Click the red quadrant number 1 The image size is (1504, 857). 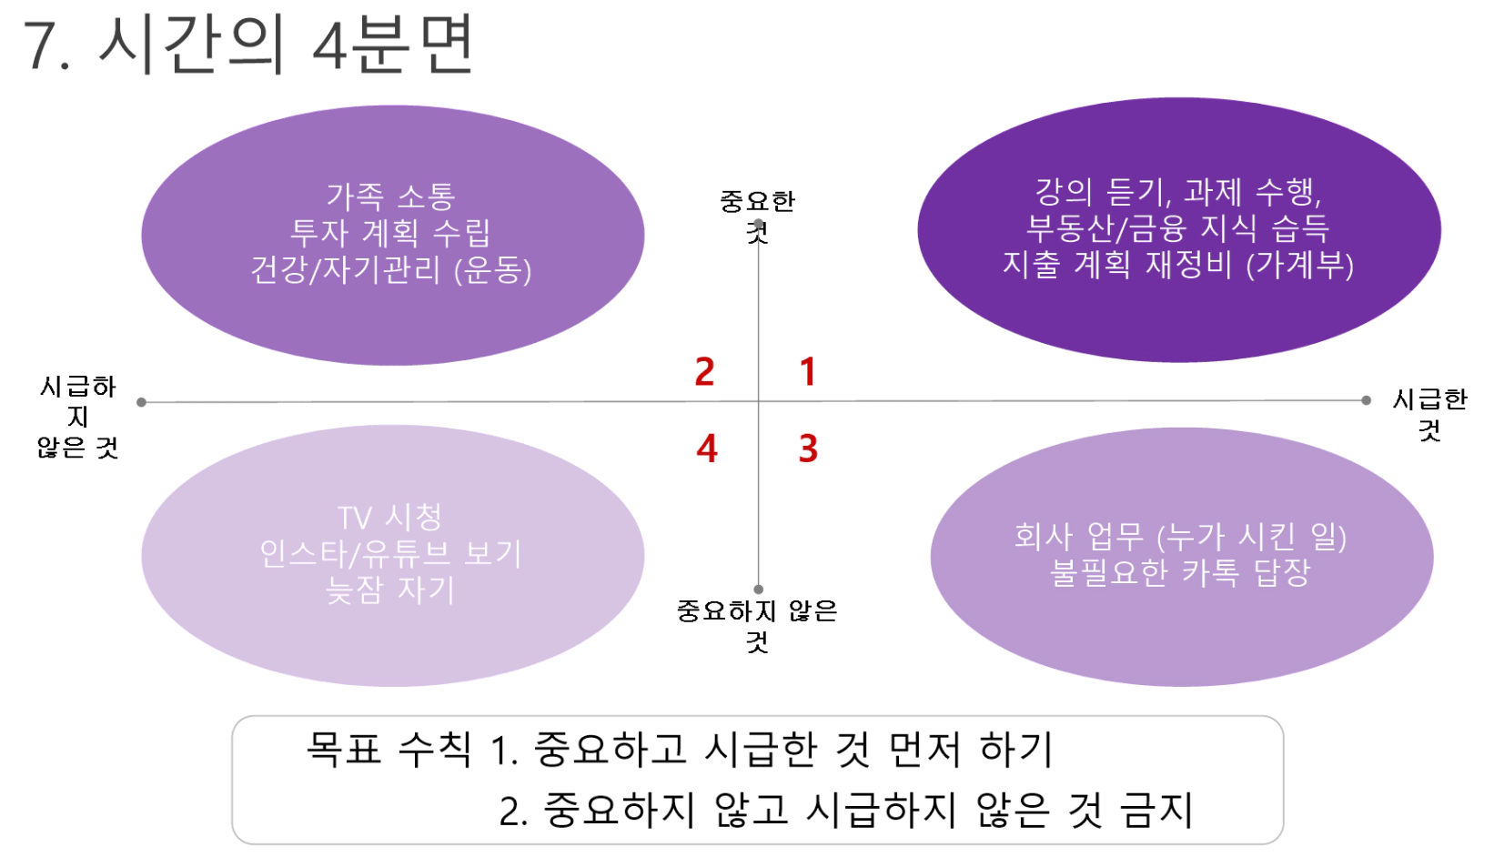808,372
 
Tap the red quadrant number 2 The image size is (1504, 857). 704,372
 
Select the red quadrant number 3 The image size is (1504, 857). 808,449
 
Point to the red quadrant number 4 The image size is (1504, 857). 707,449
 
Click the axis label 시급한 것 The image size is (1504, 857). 1429,414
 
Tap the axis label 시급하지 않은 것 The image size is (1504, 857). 78,417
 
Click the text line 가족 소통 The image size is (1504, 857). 390,197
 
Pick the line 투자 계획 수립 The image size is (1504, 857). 390,233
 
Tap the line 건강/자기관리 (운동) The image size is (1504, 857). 390,270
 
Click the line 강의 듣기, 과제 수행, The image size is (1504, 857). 1178,192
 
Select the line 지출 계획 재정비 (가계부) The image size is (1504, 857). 1178,265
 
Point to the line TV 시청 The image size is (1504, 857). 390,518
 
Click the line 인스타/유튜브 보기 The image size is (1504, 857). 390,554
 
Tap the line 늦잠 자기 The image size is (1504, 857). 390,590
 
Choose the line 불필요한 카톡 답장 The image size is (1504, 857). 1180,572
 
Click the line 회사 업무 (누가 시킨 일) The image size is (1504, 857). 1180,536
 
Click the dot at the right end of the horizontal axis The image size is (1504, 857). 1366,400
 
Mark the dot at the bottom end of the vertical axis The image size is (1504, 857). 759,590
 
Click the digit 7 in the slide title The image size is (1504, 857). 39,45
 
